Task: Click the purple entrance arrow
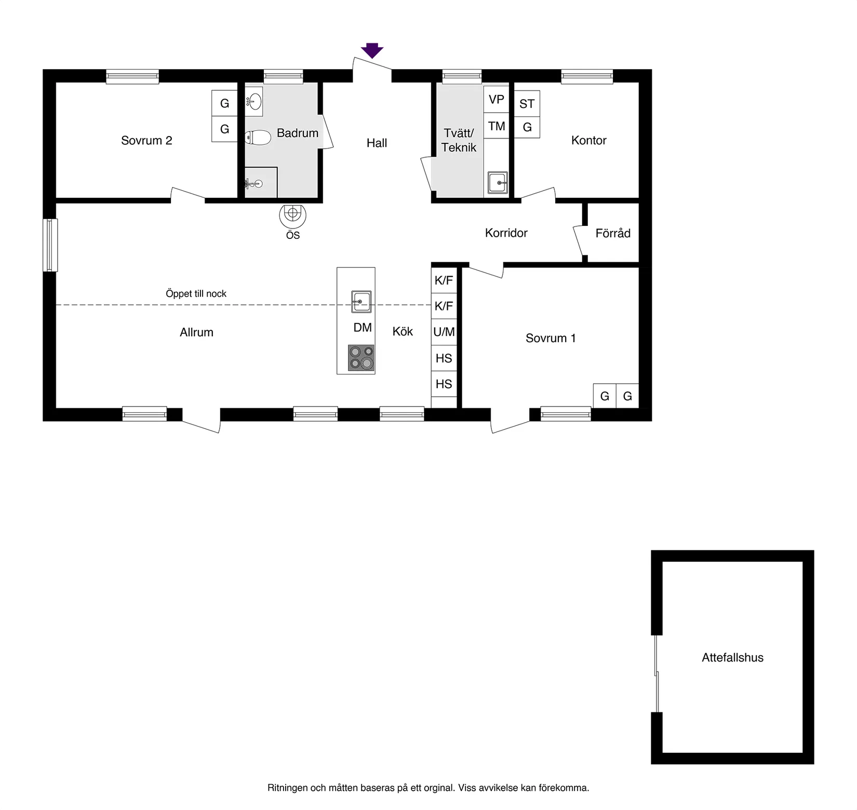click(372, 50)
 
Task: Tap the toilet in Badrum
click(258, 138)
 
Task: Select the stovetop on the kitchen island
click(361, 358)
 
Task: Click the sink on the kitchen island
click(361, 302)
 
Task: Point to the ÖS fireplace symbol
click(292, 215)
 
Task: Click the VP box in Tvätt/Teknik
click(496, 99)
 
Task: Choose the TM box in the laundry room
click(496, 126)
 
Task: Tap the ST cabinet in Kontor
click(527, 103)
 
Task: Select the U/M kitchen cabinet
click(444, 332)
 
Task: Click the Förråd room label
click(613, 233)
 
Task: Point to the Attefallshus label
click(732, 657)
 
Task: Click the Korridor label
click(506, 233)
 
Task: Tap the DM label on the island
click(363, 328)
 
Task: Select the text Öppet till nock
click(196, 293)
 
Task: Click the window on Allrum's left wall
click(50, 245)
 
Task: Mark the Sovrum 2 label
click(146, 140)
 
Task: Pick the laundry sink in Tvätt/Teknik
click(498, 183)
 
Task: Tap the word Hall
click(377, 143)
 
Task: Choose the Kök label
click(403, 331)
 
